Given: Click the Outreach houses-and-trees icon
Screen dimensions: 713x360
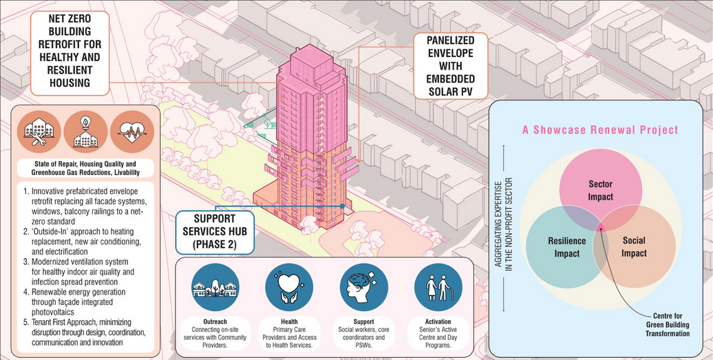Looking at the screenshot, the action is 215,287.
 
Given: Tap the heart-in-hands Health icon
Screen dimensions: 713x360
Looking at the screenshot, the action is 289,287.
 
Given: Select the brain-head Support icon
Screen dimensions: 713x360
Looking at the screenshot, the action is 364,287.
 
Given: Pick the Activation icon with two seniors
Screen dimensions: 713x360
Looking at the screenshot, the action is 438,287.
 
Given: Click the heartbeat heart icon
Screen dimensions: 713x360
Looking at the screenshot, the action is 132,132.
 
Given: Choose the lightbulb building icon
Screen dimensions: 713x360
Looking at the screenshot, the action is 85,132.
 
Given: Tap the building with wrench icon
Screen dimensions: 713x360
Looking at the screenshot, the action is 39,132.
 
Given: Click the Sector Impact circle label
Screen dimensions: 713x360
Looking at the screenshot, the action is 600,191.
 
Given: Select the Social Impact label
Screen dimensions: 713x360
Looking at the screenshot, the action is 634,247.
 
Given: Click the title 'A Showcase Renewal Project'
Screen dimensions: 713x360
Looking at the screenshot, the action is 600,130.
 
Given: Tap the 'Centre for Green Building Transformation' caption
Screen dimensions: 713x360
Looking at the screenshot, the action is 668,324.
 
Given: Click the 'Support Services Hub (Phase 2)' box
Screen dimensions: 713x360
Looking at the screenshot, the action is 215,232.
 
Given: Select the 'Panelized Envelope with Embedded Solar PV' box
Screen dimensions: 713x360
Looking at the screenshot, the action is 450,66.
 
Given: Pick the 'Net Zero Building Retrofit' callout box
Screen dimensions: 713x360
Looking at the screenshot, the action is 70,53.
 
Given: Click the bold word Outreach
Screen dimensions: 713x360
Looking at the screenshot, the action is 215,322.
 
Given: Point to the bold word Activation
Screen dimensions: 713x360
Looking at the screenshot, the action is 438,322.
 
